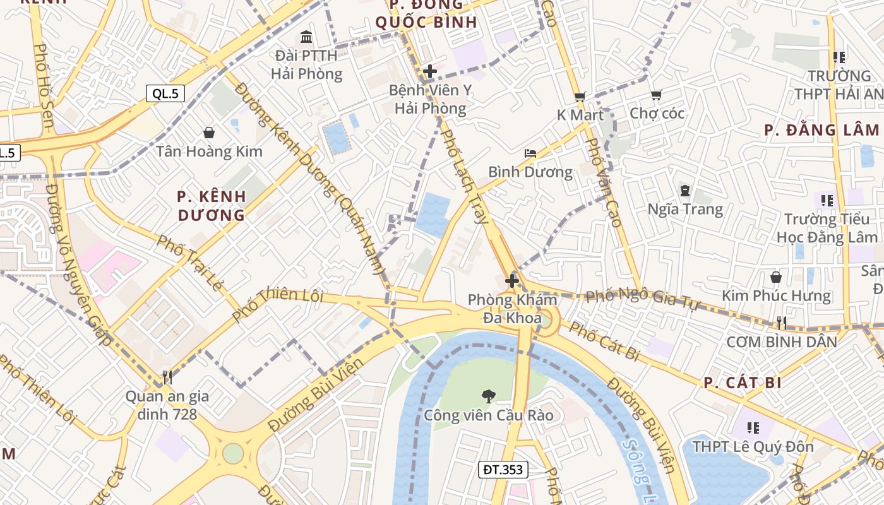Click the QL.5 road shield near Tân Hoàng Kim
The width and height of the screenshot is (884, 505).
(166, 94)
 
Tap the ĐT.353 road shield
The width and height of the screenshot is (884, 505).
(503, 469)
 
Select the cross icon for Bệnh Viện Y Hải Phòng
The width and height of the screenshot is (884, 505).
(430, 71)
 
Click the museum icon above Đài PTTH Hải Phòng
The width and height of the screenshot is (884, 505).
(307, 37)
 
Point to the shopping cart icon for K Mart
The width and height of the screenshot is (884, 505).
(580, 97)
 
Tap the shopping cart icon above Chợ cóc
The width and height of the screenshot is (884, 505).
(657, 95)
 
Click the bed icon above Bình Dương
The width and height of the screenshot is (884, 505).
(530, 153)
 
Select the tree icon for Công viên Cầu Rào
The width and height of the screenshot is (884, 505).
(488, 396)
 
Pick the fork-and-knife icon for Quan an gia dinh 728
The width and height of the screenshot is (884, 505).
(167, 377)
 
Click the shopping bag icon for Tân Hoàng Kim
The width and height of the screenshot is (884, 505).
(209, 133)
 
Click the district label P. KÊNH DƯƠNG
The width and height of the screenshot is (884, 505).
(211, 206)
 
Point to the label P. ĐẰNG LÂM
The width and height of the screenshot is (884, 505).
(821, 130)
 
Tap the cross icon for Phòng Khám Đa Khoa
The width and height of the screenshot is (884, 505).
(512, 280)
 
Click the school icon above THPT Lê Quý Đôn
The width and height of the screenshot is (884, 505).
(753, 428)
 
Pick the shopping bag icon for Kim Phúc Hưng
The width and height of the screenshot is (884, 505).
(776, 277)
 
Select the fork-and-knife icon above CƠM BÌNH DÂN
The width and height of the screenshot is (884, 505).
(782, 323)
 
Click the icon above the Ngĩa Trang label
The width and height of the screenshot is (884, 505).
(685, 190)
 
